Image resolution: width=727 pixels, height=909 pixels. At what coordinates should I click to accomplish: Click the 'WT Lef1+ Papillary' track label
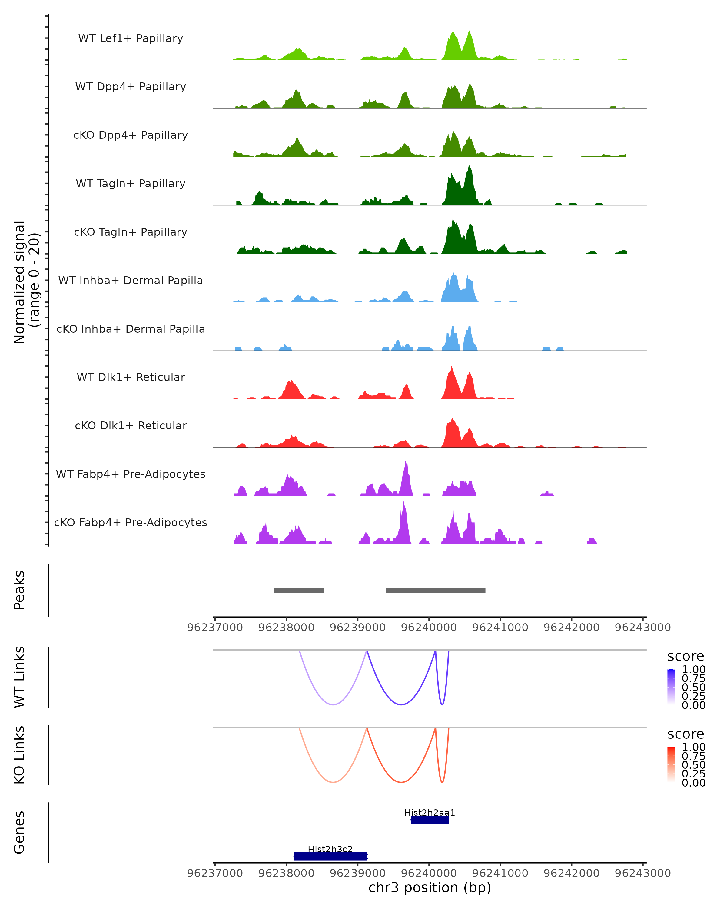[x=131, y=38]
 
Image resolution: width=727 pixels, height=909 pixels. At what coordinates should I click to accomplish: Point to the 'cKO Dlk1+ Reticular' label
[x=131, y=425]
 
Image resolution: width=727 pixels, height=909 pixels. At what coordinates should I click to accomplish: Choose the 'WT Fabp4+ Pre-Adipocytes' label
[x=131, y=474]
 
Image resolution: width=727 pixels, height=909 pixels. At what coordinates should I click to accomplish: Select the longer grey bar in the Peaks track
[x=435, y=590]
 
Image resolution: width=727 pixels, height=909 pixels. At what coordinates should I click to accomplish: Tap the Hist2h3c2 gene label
[x=330, y=849]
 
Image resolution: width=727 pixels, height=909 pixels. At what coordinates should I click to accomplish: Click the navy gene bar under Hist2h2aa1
[x=430, y=820]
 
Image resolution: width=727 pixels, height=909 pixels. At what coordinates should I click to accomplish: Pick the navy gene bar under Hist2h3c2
[x=330, y=856]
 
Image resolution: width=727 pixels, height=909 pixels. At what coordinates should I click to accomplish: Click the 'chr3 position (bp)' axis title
[x=430, y=887]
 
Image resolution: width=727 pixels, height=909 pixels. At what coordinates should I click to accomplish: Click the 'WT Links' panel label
[x=19, y=678]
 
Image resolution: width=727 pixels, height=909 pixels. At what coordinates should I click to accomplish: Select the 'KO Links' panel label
[x=19, y=755]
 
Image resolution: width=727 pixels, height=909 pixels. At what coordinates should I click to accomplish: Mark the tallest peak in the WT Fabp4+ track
[x=406, y=464]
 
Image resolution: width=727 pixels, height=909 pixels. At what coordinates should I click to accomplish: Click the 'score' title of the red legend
[x=685, y=734]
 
